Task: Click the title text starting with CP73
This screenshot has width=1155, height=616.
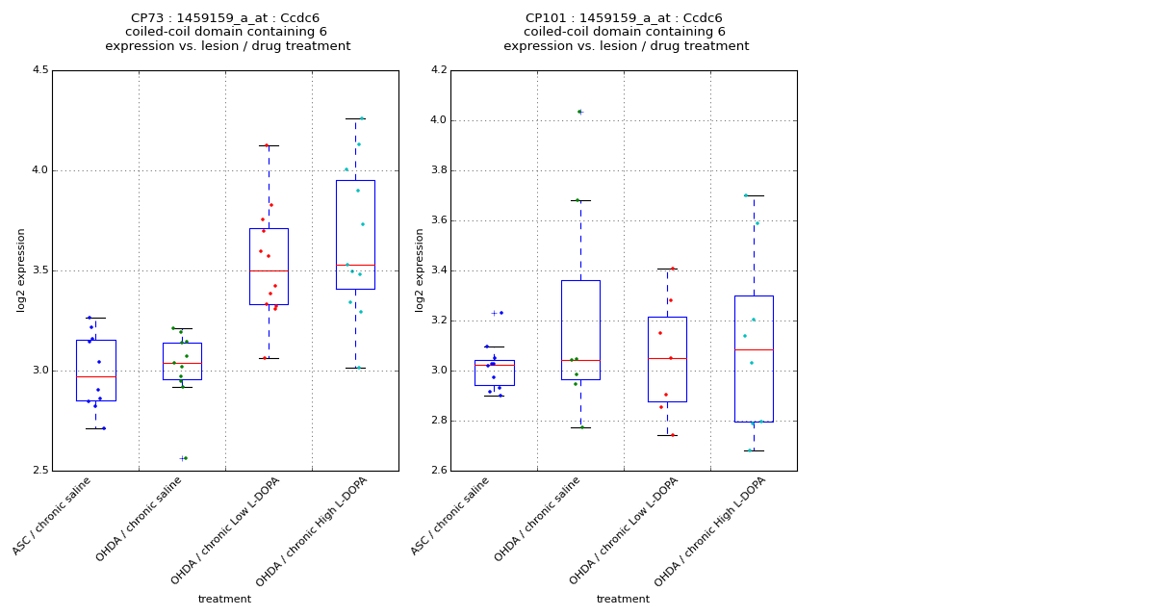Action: point(227,18)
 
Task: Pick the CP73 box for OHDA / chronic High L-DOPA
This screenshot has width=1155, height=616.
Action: point(355,234)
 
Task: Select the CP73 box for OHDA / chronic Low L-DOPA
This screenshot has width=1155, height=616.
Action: point(269,266)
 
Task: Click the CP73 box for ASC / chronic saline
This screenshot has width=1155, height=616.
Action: point(95,370)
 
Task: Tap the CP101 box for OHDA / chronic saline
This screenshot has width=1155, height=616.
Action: point(580,329)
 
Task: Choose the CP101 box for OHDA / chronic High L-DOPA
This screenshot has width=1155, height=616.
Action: point(754,358)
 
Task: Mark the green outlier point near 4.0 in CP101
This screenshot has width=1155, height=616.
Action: point(579,112)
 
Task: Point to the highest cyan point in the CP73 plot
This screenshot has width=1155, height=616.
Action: point(361,118)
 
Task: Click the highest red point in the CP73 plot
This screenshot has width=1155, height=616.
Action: point(267,145)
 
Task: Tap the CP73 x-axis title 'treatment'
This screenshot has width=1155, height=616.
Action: point(224,599)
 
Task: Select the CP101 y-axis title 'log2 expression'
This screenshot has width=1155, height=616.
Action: point(420,269)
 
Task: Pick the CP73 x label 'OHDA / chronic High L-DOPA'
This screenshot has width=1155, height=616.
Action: point(312,531)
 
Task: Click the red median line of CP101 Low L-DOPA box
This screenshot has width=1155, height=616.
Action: point(667,358)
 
